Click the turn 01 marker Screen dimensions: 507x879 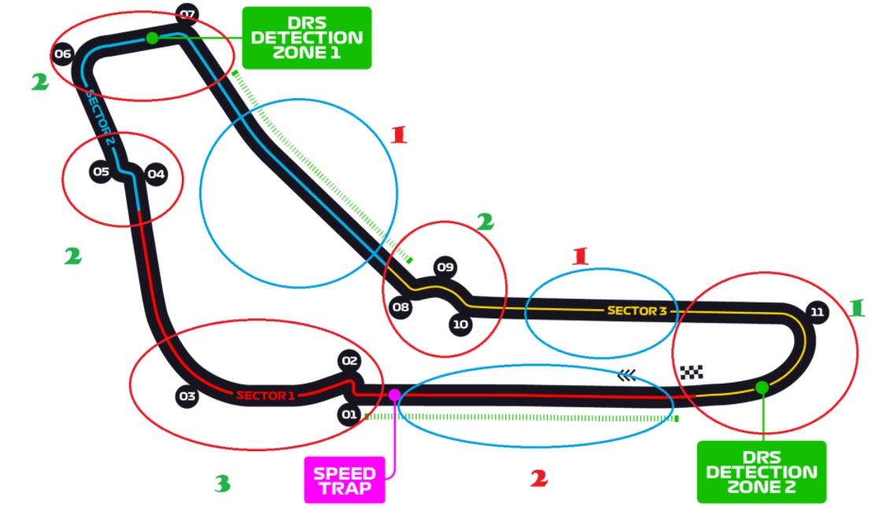pos(349,413)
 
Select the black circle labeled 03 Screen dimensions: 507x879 pos(187,396)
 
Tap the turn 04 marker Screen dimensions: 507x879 pos(156,174)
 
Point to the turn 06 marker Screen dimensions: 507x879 pos(63,54)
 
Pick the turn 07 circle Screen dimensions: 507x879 pos(187,13)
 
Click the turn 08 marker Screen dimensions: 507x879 pos(401,307)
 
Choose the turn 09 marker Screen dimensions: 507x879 pos(445,267)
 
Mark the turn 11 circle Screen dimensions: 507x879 pos(817,312)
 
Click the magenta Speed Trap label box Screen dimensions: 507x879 pos(345,479)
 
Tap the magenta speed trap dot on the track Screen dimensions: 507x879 pos(394,395)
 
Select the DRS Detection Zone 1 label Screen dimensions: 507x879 pos(306,37)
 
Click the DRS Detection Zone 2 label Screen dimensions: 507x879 pos(761,472)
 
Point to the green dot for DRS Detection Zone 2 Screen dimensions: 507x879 pos(761,387)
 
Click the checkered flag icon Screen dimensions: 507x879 pos(692,372)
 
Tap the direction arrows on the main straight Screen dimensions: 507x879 pos(626,376)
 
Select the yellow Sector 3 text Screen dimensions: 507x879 pos(637,310)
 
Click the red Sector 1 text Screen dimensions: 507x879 pos(265,395)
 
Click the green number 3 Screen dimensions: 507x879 pos(222,483)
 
